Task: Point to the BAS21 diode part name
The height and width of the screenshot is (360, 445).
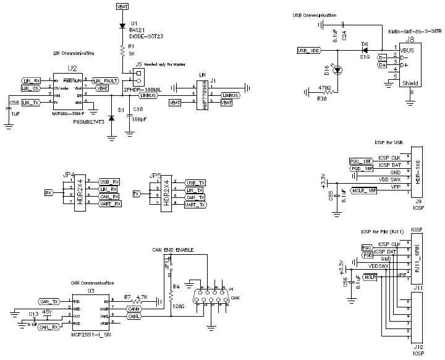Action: (x=137, y=29)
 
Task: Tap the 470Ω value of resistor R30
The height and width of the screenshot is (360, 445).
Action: (x=326, y=87)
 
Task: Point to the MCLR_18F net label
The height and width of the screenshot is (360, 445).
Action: (x=364, y=190)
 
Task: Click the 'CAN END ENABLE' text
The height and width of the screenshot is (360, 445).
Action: (x=176, y=250)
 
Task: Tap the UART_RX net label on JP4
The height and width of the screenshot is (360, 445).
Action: (x=108, y=204)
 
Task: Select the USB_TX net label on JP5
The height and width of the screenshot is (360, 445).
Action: (x=195, y=182)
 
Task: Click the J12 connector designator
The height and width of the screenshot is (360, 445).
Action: (x=418, y=348)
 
